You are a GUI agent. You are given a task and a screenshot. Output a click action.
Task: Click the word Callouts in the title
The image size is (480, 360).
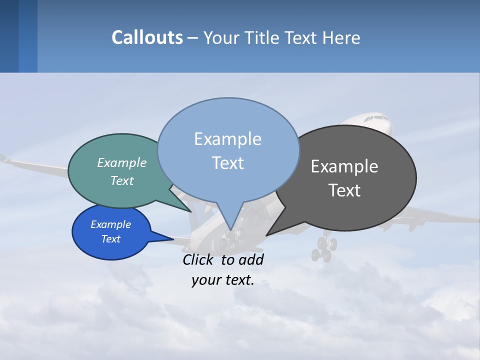pos(147,37)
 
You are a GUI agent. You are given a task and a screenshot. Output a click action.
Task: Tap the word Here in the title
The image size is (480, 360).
pos(340,37)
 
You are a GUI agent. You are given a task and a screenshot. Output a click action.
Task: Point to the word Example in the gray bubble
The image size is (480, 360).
pos(344,166)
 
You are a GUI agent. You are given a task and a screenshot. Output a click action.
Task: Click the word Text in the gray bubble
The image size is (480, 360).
pos(344,190)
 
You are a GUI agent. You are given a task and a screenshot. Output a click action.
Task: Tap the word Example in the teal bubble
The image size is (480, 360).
pos(122,162)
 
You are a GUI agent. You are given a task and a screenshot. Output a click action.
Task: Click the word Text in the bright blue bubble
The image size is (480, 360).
pos(111,239)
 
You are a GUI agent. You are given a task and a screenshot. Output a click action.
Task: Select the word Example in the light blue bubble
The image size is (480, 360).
pos(227,139)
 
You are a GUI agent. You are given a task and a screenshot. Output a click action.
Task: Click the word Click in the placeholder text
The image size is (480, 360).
pos(199,259)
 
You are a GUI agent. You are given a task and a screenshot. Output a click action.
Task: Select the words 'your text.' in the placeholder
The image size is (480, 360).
pos(223,280)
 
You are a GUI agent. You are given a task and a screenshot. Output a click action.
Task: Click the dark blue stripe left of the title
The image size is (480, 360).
pos(9,36)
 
